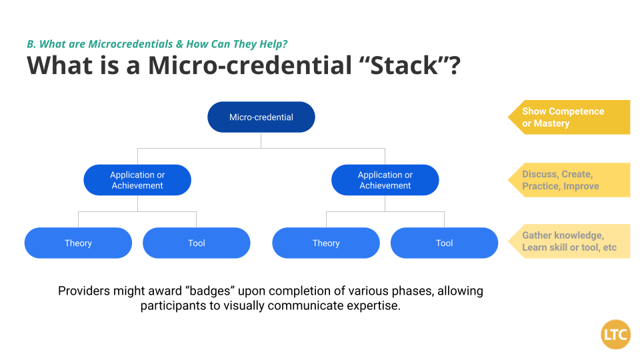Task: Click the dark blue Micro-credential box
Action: (x=261, y=117)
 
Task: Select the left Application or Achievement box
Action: (x=137, y=180)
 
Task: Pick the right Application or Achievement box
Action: (x=385, y=180)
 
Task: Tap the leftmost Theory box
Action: (x=78, y=243)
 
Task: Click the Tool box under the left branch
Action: (x=196, y=243)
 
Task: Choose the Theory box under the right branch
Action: (x=326, y=243)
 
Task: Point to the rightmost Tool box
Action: (x=444, y=243)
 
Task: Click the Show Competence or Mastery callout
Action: (x=569, y=117)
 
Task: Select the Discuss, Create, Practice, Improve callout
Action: (x=569, y=180)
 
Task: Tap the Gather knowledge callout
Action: (x=569, y=241)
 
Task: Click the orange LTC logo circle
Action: (x=615, y=334)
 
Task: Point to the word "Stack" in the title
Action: (x=404, y=65)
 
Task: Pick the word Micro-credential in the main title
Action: (x=250, y=65)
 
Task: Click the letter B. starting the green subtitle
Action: (x=31, y=44)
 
